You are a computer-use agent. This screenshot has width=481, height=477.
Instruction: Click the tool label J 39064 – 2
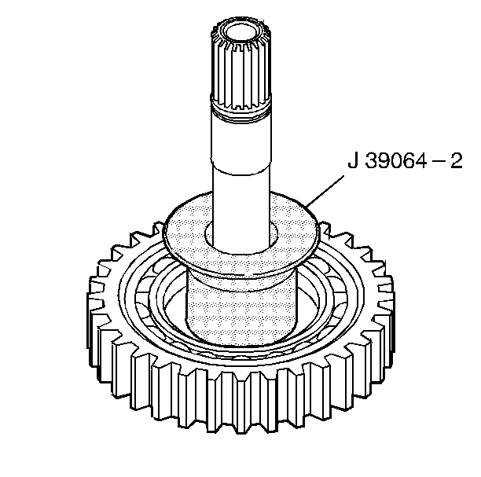[405, 163]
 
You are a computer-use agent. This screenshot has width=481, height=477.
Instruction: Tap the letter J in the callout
[354, 163]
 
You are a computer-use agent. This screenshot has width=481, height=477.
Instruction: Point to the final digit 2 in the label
[455, 163]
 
